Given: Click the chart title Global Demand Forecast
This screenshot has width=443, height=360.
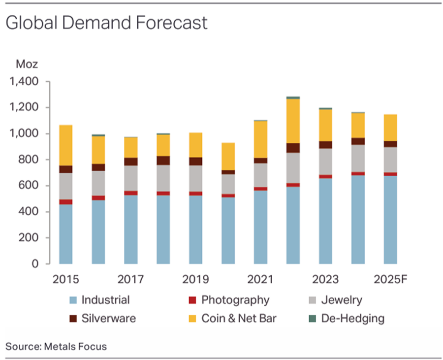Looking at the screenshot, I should click(x=106, y=23).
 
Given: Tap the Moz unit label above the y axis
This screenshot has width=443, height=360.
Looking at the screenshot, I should click(x=27, y=64).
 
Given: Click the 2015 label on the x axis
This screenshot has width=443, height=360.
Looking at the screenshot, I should click(x=66, y=279).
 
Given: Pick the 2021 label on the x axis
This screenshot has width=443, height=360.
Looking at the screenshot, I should click(x=260, y=279).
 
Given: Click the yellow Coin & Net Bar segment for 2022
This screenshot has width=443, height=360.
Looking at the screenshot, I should click(x=293, y=121).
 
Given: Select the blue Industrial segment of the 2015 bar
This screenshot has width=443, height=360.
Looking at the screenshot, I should click(x=66, y=234).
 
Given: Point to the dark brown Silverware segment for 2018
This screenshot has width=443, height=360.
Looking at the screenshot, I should click(x=163, y=161).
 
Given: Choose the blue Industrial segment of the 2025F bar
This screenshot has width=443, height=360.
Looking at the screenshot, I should click(x=390, y=220).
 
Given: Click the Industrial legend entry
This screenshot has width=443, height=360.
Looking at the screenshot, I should click(x=105, y=300).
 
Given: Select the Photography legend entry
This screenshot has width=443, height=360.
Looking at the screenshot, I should click(x=235, y=300).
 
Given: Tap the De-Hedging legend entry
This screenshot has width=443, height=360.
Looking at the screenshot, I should click(x=352, y=318).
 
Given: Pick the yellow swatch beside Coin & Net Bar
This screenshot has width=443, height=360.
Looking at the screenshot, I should click(x=192, y=319).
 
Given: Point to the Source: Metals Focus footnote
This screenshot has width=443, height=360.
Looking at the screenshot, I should click(x=56, y=347).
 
